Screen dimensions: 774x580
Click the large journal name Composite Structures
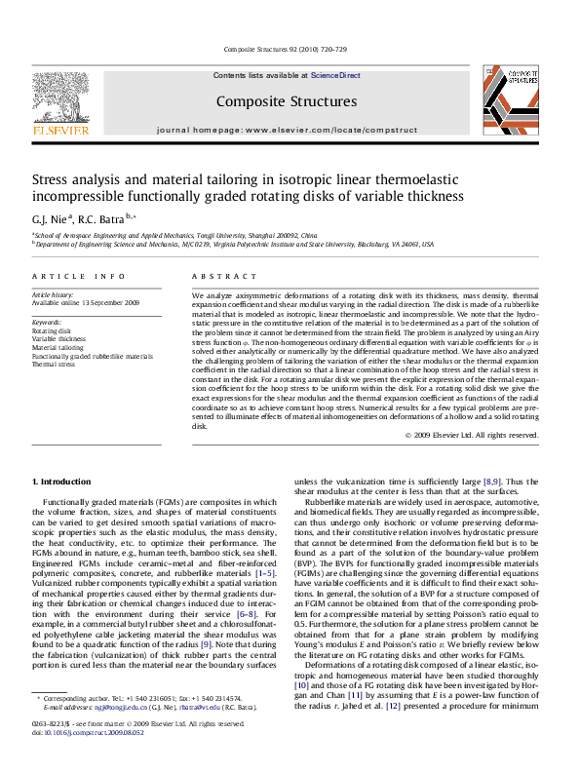click(x=286, y=101)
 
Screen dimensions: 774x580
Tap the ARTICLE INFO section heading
click(x=79, y=277)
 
